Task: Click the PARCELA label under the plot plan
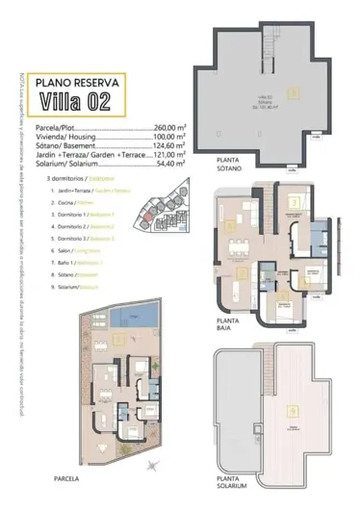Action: click(x=66, y=476)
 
